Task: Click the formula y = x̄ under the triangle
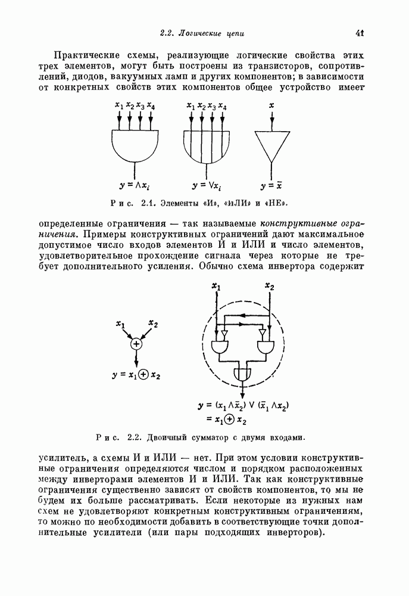[x=271, y=185]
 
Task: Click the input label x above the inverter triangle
[x=271, y=105]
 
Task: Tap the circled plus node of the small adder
[x=136, y=344]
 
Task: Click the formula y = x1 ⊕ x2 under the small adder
[x=136, y=375]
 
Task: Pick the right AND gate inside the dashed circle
[x=264, y=346]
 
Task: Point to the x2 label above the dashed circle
[x=269, y=287]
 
